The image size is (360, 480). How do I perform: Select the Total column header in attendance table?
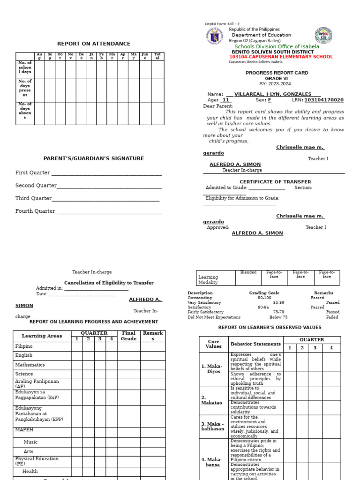pyautogui.click(x=157, y=56)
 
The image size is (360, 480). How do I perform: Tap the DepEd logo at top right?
pyautogui.click(x=323, y=36)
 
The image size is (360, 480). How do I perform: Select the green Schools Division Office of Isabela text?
pyautogui.click(x=277, y=46)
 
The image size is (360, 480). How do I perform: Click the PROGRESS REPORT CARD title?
pyautogui.click(x=277, y=73)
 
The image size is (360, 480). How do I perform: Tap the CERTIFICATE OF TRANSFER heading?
pyautogui.click(x=275, y=181)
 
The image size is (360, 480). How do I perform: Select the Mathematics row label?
pyautogui.click(x=30, y=365)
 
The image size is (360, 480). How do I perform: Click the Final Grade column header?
pyautogui.click(x=128, y=336)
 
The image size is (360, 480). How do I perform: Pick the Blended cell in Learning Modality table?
pyautogui.click(x=248, y=272)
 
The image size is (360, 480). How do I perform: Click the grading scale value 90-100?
pyautogui.click(x=264, y=298)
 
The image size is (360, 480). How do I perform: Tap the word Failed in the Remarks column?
pyautogui.click(x=332, y=317)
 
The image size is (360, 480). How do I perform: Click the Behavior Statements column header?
pyautogui.click(x=256, y=344)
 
